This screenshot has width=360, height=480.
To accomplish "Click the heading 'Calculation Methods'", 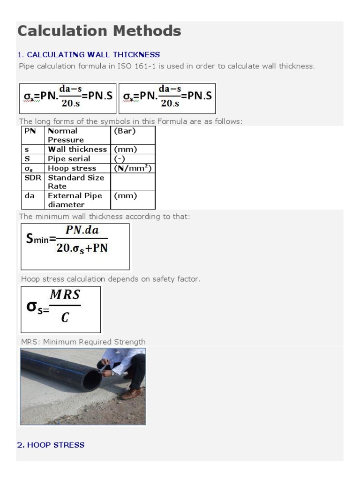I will (x=99, y=31).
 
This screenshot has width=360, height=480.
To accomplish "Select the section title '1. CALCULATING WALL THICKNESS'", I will (x=89, y=55).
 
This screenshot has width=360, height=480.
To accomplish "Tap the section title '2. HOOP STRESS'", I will (x=51, y=445).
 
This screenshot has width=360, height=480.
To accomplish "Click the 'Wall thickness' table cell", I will (x=77, y=150).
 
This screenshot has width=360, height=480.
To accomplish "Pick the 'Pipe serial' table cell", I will (x=69, y=159).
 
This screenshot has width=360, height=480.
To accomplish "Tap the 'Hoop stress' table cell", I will (x=72, y=168).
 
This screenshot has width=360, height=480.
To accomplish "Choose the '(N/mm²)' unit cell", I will (x=133, y=168).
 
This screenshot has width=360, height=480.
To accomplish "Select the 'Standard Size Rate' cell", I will (x=75, y=182).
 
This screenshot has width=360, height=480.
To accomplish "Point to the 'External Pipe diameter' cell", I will (x=75, y=200).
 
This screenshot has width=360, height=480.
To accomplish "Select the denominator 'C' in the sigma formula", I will (x=65, y=318).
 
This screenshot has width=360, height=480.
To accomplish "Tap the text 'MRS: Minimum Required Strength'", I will (x=83, y=342).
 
